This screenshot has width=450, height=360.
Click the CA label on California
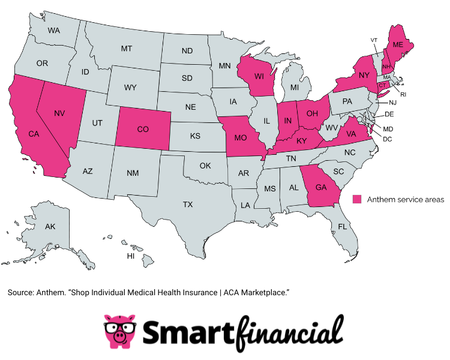click(34, 134)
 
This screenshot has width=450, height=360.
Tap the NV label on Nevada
click(59, 113)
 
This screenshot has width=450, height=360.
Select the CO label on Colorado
click(143, 129)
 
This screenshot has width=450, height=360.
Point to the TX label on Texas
click(188, 205)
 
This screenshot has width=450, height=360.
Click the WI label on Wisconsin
click(259, 76)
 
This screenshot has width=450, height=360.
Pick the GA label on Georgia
click(321, 187)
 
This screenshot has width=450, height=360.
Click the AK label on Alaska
click(50, 226)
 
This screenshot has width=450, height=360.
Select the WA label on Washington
click(54, 30)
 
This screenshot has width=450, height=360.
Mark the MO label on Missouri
click(241, 138)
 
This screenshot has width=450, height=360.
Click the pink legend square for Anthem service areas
click(357, 199)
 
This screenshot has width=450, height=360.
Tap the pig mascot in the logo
click(119, 331)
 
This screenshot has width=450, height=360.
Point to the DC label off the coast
click(387, 139)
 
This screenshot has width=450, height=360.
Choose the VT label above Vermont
click(373, 40)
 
